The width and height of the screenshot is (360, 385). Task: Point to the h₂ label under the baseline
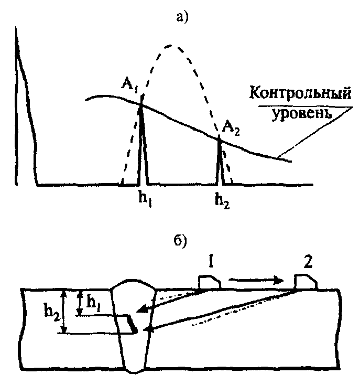click(x=221, y=199)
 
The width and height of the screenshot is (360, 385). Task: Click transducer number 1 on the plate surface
click(x=209, y=282)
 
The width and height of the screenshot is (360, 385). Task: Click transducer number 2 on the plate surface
click(x=305, y=282)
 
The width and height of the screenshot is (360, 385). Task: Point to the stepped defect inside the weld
click(x=130, y=323)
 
